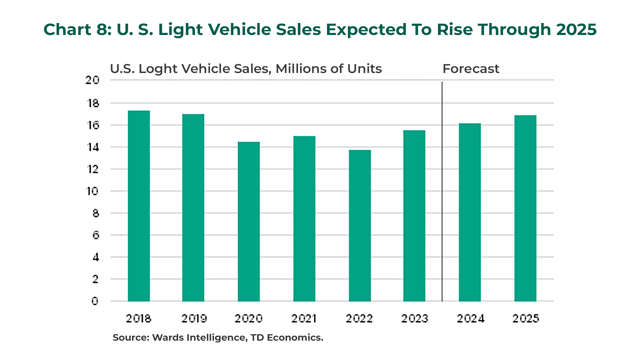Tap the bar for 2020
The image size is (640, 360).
(x=249, y=222)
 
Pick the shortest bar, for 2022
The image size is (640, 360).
(x=360, y=226)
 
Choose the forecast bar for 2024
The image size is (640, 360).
(x=470, y=212)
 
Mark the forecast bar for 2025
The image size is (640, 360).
(x=525, y=208)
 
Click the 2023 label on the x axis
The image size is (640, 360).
(x=414, y=319)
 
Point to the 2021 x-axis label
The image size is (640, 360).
(x=304, y=319)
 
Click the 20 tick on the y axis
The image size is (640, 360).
(x=92, y=80)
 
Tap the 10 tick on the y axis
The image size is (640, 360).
(x=92, y=191)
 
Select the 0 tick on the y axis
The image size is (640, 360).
(x=95, y=301)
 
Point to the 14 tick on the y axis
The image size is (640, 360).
(x=93, y=147)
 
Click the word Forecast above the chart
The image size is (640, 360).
(x=471, y=69)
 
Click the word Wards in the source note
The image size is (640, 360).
(x=167, y=338)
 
